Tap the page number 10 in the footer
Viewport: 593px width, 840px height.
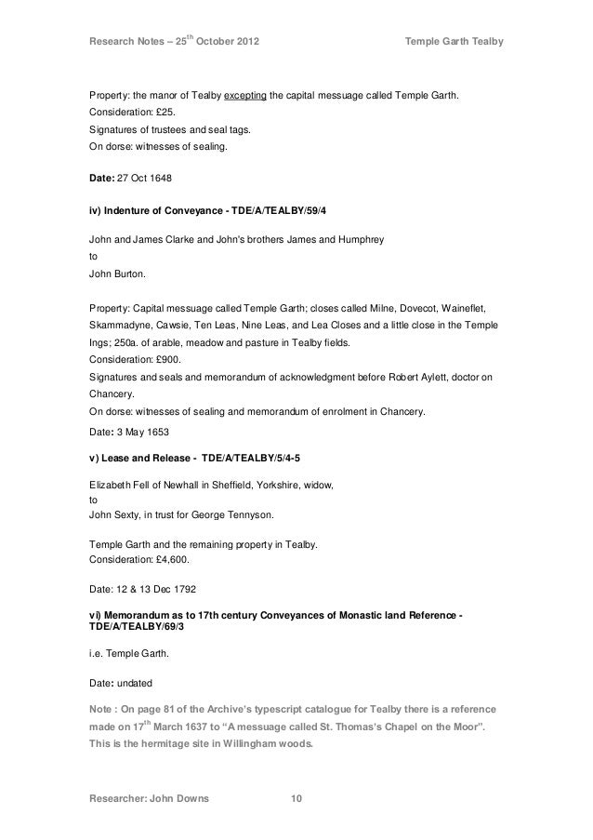(x=296, y=797)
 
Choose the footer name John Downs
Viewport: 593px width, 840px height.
(x=181, y=797)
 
